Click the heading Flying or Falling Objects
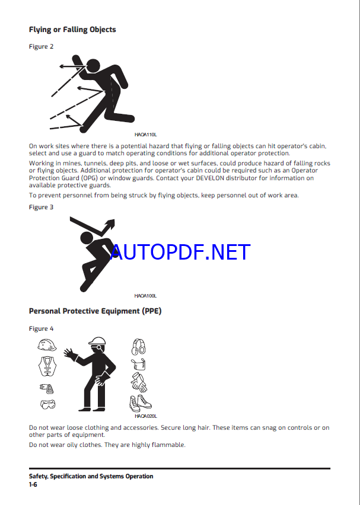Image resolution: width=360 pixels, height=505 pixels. click(72, 30)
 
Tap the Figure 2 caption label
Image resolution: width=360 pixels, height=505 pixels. click(42, 46)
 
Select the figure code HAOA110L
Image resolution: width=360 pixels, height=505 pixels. click(146, 135)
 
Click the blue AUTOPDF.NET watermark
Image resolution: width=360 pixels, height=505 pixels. click(180, 252)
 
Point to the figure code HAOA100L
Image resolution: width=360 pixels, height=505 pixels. click(146, 296)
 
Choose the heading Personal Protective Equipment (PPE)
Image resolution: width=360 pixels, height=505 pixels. click(95, 311)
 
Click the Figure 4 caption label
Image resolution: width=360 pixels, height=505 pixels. click(42, 328)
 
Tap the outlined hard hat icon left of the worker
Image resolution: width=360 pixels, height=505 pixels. click(47, 345)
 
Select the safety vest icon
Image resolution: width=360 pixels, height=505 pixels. click(47, 366)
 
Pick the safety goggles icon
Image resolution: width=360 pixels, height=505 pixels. click(47, 404)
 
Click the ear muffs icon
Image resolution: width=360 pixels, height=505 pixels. click(139, 347)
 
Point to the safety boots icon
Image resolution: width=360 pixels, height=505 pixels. click(140, 403)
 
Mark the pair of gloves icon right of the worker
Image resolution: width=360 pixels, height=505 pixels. click(139, 382)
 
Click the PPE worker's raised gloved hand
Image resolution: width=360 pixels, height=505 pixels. click(70, 354)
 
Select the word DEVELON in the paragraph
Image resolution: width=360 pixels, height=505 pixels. click(210, 178)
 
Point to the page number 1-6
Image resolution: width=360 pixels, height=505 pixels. click(33, 484)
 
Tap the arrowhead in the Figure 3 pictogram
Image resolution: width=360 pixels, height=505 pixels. click(111, 223)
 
